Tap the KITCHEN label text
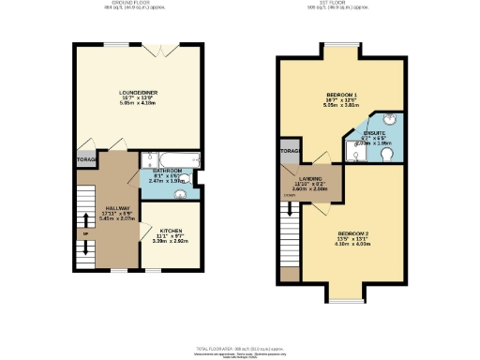(x=170, y=229)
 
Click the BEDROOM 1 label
(x=342, y=96)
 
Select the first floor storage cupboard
(x=288, y=152)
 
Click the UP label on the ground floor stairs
(x=84, y=233)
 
